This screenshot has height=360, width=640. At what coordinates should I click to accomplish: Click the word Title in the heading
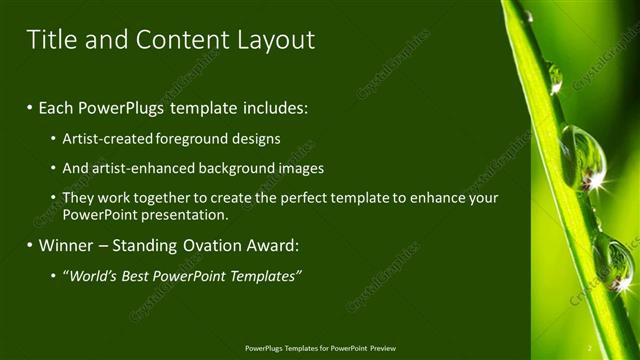coord(49,40)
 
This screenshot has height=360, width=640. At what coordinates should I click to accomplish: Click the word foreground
coord(196,139)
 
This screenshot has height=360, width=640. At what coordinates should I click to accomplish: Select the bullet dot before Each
coord(30,105)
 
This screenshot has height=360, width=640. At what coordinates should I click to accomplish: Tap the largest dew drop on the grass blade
coord(582,158)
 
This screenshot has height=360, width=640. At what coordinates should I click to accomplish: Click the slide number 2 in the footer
coord(589,348)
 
